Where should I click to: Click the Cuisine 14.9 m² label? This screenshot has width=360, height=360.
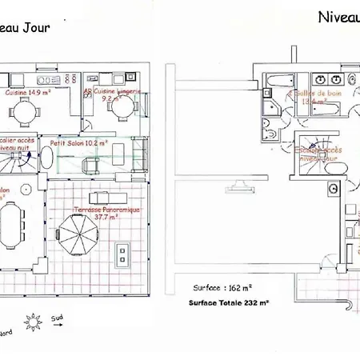pyautogui.click(x=29, y=93)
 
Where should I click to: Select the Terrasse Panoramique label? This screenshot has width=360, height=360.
pyautogui.click(x=106, y=210)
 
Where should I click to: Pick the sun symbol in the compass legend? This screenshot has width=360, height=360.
pyautogui.click(x=33, y=322)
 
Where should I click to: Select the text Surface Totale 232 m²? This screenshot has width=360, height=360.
pyautogui.click(x=228, y=302)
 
